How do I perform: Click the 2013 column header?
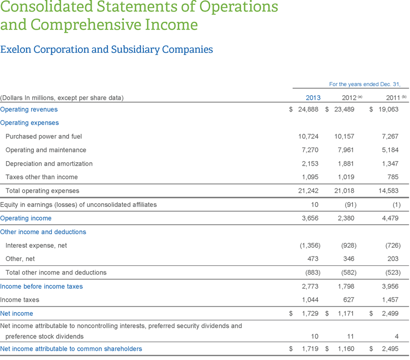coord(313,98)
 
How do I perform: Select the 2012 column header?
coord(349,98)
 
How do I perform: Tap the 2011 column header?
coord(393,98)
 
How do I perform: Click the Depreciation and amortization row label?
coord(49,163)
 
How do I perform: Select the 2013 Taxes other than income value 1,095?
coord(310,177)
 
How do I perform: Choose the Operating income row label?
coord(26,218)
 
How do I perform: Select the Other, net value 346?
coord(349,259)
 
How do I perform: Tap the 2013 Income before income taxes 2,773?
coord(310,286)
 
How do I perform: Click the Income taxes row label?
coord(20,300)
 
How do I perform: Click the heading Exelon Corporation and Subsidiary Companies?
coord(106,50)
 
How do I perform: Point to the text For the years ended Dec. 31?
coord(365,84)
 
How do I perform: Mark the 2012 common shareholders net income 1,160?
coord(346,349)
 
